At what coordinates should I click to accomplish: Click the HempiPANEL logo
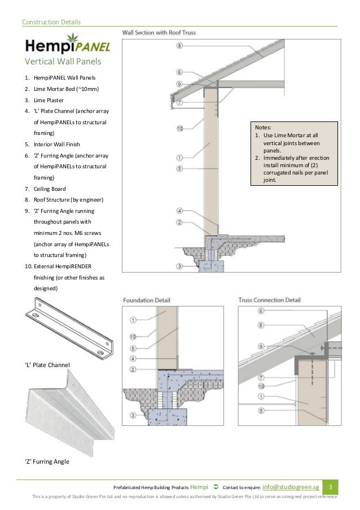click(x=67, y=45)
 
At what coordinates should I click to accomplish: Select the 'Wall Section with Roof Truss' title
click(x=159, y=32)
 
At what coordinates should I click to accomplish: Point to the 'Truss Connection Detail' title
click(x=269, y=300)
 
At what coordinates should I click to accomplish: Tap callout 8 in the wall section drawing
click(x=179, y=45)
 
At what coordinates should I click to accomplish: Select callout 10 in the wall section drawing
click(x=179, y=128)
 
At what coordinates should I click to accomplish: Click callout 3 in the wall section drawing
click(x=179, y=265)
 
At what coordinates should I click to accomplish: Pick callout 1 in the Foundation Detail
click(x=133, y=319)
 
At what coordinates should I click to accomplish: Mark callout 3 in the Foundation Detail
click(x=133, y=416)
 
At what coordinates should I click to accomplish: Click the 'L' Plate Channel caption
click(x=47, y=365)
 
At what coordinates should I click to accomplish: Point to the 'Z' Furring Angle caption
click(x=47, y=461)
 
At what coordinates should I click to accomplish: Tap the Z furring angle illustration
click(x=71, y=415)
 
